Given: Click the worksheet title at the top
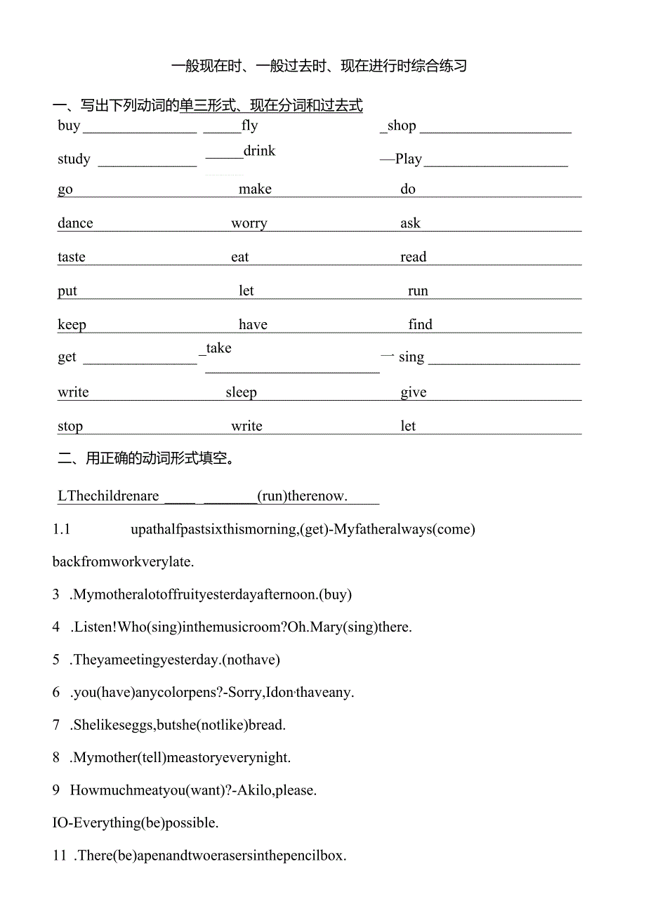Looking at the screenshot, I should click(319, 67).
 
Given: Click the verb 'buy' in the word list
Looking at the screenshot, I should click(69, 126).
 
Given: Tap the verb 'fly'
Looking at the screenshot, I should click(249, 126).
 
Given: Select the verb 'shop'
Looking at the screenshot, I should click(402, 126).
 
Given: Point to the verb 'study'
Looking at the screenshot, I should click(74, 159).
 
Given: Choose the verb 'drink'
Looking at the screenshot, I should click(259, 151).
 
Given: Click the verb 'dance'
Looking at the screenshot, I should click(75, 223).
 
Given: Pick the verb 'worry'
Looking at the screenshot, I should click(249, 224).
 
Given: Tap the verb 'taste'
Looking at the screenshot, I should click(72, 257).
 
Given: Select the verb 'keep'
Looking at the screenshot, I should click(72, 325).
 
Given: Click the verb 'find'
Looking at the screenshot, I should click(420, 324).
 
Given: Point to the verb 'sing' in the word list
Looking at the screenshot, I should click(411, 357).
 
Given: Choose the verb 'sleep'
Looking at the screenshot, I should click(241, 392).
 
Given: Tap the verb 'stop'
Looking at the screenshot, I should click(70, 426).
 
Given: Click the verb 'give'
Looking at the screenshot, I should click(414, 392).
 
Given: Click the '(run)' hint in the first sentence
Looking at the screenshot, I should click(273, 496).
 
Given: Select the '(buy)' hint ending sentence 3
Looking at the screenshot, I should click(335, 594).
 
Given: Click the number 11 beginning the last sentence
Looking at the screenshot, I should click(60, 855).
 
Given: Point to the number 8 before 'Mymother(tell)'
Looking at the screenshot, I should click(56, 757).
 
